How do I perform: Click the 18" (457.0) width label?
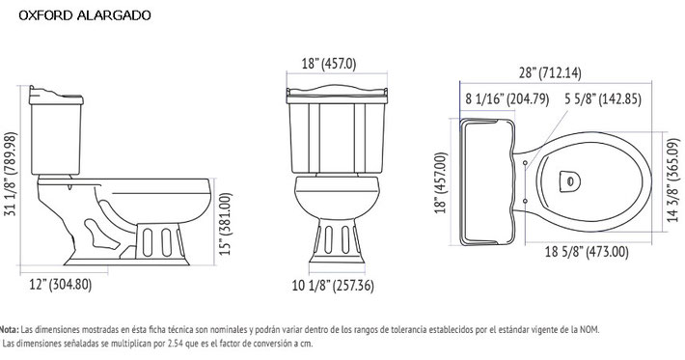pyautogui.click(x=328, y=64)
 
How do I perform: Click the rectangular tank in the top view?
pyautogui.click(x=491, y=180)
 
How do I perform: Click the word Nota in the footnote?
pyautogui.click(x=10, y=329)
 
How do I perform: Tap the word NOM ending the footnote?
pyautogui.click(x=588, y=329)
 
